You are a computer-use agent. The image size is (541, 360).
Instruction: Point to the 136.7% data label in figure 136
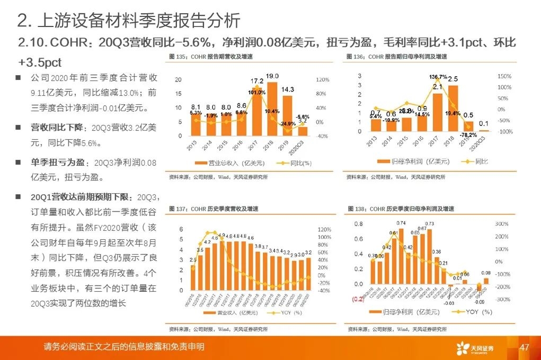[438, 77]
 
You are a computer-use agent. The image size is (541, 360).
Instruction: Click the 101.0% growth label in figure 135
[257, 93]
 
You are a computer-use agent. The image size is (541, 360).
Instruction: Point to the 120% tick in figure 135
[322, 80]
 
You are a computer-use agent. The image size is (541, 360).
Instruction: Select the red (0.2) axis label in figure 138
[359, 299]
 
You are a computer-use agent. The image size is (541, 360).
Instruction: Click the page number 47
[525, 347]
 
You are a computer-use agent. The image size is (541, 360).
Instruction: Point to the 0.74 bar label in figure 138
[401, 223]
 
